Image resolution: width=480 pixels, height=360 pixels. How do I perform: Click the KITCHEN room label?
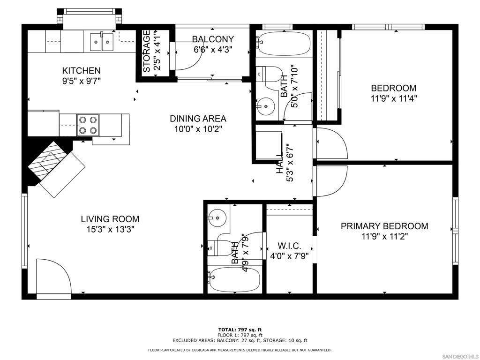pyautogui.click(x=81, y=71)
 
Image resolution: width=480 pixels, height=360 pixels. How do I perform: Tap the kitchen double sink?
pyautogui.click(x=102, y=42)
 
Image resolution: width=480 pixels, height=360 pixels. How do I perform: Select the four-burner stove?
pyautogui.click(x=88, y=125)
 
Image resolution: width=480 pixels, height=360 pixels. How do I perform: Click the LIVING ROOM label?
pyautogui.click(x=110, y=219)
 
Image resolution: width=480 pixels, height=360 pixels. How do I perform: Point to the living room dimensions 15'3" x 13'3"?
pyautogui.click(x=110, y=229)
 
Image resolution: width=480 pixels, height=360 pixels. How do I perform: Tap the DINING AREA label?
pyautogui.click(x=198, y=119)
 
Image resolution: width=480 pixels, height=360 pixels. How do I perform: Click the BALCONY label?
pyautogui.click(x=213, y=39)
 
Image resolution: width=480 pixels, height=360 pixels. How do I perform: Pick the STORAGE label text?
pyautogui.click(x=147, y=51)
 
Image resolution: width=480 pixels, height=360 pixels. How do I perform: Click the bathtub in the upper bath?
pyautogui.click(x=283, y=43)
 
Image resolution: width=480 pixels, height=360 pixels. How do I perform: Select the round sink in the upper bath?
pyautogui.click(x=266, y=106)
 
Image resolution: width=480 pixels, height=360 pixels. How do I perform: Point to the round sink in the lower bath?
pyautogui.click(x=217, y=218)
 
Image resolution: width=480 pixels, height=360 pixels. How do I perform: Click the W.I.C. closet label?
pyautogui.click(x=289, y=246)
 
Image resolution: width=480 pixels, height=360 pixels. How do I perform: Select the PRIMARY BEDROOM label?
pyautogui.click(x=384, y=226)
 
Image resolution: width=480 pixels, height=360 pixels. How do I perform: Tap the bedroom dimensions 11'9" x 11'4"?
pyautogui.click(x=394, y=98)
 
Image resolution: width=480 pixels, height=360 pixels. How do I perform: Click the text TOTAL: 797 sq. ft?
pyautogui.click(x=240, y=330)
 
